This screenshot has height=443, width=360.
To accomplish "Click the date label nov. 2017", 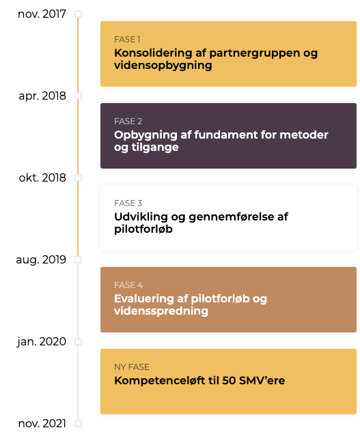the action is pos(42,14).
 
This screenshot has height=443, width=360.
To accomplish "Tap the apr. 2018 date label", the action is pos(42,96).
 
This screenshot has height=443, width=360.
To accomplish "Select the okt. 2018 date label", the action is pos(42,177).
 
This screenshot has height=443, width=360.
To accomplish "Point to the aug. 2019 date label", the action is pos(41,260).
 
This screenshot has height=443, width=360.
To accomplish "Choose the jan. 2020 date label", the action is pos(42,341).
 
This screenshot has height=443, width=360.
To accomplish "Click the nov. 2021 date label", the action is pos(42,423).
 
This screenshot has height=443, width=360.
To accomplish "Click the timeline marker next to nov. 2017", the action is pos(79,14).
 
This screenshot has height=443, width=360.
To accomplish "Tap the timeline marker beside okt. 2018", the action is pos(79,177).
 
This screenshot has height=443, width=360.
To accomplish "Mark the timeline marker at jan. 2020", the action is pos(79,341).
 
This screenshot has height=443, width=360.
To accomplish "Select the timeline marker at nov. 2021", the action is pos(79,423).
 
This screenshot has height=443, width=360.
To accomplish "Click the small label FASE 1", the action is pos(127,40).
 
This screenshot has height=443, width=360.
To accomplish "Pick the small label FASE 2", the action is pos(128,122).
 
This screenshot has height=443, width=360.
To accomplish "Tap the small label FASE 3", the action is pos(128,203).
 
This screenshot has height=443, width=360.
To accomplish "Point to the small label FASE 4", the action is pos(128,285).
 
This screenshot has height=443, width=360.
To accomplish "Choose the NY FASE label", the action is pos(132,367).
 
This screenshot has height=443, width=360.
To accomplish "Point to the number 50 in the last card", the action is pos(229,381).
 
